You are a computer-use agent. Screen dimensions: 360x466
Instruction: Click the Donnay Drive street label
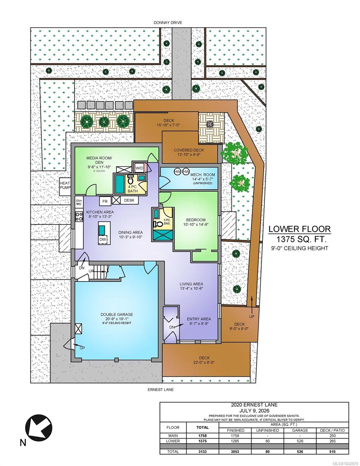coord(168,23)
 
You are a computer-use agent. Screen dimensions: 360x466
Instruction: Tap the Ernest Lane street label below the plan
coord(160,389)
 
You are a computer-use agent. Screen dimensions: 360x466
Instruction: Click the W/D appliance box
coord(139,168)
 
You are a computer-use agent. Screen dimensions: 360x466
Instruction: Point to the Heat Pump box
coord(65,186)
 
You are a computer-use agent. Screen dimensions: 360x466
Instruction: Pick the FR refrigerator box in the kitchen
coord(105,202)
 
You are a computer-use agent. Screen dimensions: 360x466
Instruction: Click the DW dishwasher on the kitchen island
coord(103,239)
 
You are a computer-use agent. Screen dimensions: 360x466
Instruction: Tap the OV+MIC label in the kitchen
coord(79,202)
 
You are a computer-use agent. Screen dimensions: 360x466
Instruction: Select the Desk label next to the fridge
coord(129,200)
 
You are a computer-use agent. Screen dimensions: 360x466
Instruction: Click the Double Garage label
coord(117,315)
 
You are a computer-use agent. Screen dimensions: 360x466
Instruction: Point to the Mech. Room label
coord(203,175)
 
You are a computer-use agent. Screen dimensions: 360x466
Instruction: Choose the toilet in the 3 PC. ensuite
coord(158,224)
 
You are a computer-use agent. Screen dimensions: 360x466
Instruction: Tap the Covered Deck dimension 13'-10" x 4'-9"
coord(189,155)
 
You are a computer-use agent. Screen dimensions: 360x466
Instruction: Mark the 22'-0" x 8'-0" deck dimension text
coord(204,362)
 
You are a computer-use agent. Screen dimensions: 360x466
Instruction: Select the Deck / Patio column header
coord(332,430)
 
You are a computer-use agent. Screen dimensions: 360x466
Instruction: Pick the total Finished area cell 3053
coord(235,452)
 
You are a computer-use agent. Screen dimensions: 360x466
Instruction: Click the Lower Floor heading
coord(299,229)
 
